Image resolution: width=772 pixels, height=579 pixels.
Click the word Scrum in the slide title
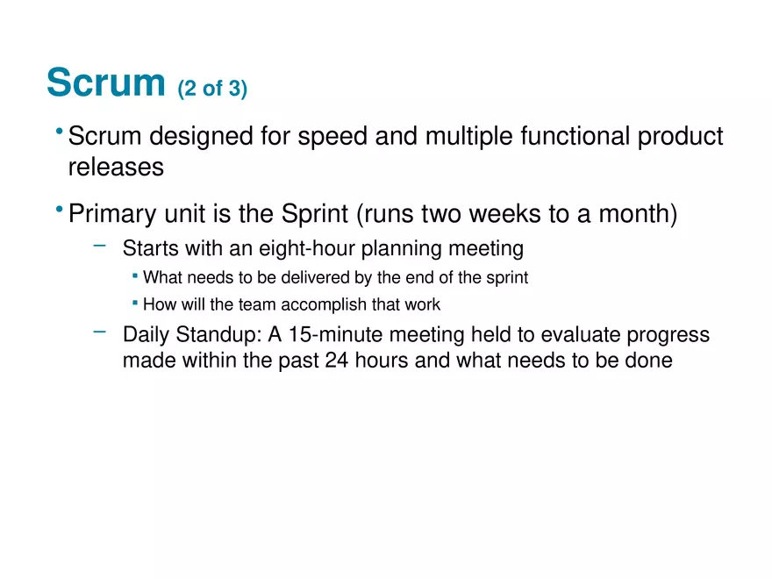click(x=105, y=82)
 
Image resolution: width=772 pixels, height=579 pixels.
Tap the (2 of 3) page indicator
click(x=212, y=89)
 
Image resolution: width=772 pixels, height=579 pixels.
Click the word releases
click(x=116, y=167)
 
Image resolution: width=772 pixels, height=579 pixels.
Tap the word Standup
click(x=216, y=335)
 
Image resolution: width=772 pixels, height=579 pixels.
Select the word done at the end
click(x=649, y=361)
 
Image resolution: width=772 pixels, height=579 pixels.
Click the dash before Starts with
click(x=100, y=246)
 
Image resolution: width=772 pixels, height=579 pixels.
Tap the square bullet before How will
click(x=135, y=303)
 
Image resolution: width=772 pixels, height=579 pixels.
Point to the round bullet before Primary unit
click(x=58, y=211)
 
